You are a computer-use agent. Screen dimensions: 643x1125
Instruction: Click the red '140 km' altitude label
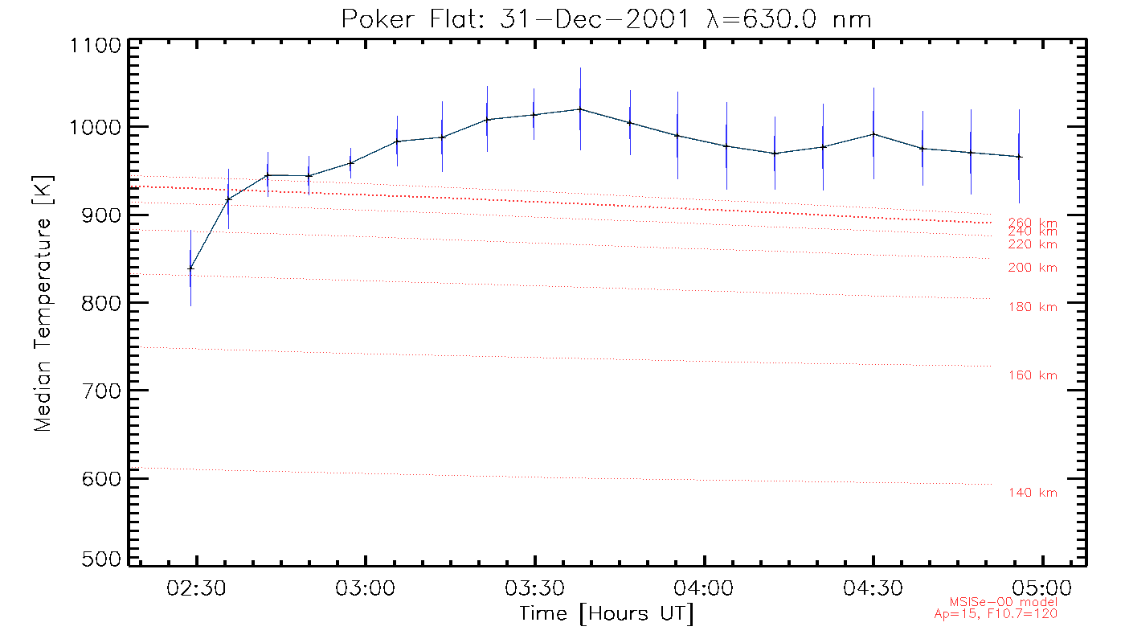pos(1033,493)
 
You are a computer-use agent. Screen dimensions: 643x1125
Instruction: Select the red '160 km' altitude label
pos(1033,375)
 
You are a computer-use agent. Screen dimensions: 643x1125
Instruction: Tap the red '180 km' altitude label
pos(1033,306)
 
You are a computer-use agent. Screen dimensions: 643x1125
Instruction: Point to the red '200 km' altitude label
pos(1033,268)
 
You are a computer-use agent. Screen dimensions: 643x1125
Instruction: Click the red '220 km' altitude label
pos(1033,244)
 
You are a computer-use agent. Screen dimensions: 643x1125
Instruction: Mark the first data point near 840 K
pos(190,268)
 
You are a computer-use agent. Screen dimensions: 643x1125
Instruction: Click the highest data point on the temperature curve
pos(580,109)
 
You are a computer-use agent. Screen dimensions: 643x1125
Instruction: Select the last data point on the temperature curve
pos(1019,157)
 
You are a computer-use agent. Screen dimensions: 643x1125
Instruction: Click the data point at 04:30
pos(873,134)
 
